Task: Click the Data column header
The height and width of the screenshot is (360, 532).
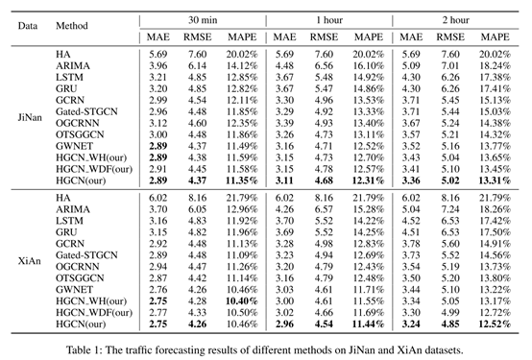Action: point(28,20)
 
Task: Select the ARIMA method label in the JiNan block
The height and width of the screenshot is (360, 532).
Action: point(74,64)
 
